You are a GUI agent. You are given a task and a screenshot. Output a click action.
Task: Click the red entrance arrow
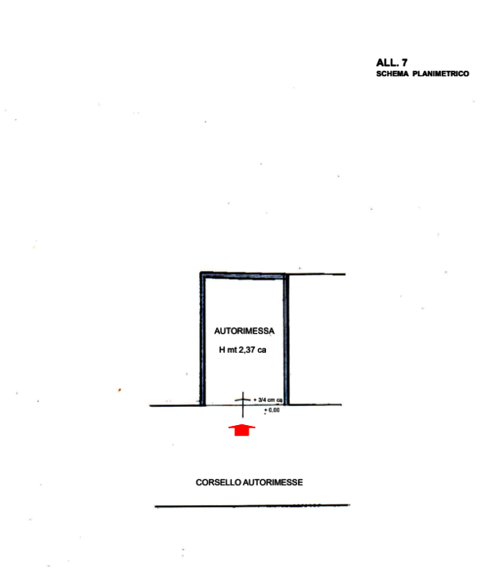pos(241,431)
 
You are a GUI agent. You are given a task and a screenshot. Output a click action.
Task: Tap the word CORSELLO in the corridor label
pos(216,482)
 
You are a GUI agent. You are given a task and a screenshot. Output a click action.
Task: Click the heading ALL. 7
pos(392,62)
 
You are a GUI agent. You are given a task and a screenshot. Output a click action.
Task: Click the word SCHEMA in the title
pos(392,74)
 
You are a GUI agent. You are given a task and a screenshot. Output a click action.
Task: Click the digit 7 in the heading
pos(404,62)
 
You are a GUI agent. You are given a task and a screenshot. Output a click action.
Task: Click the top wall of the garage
pos(243,276)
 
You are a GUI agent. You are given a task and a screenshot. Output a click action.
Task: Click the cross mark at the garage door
pos(243,402)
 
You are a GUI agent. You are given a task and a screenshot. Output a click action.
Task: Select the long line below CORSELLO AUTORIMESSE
pos(251,505)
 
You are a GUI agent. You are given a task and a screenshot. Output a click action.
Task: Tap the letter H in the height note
pos(222,350)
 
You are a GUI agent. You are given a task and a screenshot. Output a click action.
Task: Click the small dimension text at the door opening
pos(270,405)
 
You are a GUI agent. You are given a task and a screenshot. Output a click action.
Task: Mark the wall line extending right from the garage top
pos(318,274)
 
